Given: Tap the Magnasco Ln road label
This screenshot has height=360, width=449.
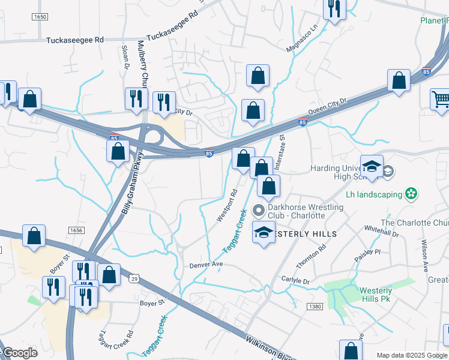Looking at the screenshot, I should (304, 39).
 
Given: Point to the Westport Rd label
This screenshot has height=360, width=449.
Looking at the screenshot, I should (228, 206).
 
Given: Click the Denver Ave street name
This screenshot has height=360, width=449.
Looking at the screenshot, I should (206, 265).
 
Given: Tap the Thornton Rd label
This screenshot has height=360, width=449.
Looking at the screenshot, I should (311, 256).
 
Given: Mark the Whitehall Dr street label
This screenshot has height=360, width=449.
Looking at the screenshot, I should (381, 232).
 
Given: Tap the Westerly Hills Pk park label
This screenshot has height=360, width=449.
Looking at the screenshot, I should (376, 294).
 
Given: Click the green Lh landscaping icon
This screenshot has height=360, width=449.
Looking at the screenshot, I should (411, 193).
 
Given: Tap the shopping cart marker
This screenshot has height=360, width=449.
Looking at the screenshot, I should (441, 99).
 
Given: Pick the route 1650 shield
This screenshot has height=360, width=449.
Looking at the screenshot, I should (40, 17).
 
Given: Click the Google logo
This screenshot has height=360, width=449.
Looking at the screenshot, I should (20, 353).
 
